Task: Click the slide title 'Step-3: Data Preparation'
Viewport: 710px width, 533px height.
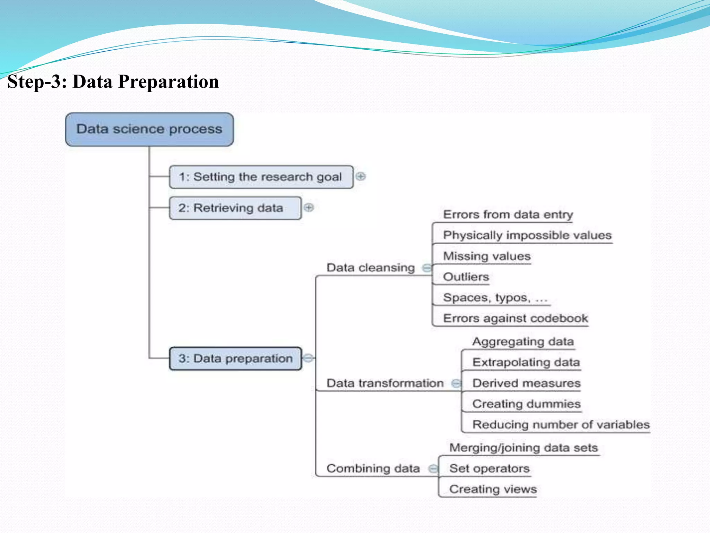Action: coord(113,82)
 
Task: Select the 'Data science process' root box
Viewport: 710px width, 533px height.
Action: coord(149,129)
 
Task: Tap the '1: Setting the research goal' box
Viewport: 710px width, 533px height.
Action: coord(261,177)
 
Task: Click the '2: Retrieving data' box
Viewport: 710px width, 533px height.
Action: coord(235,208)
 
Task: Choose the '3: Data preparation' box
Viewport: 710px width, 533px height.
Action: coord(235,358)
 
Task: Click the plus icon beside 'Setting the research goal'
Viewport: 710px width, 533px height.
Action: coord(361,176)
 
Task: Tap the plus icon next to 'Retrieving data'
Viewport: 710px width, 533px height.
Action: coord(309,208)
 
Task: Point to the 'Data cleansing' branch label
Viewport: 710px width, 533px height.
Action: coord(370,268)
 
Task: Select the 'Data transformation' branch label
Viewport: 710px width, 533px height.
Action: coord(385,383)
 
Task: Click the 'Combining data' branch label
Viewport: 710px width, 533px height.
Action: coord(373,468)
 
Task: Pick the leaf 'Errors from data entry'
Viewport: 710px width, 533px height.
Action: coord(508,214)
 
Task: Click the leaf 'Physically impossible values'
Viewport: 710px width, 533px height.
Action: coord(527,235)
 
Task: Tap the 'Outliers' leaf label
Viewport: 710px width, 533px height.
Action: coord(466,277)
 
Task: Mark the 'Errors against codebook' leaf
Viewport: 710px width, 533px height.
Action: coord(515,318)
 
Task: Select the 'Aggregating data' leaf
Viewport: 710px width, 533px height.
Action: coord(523,341)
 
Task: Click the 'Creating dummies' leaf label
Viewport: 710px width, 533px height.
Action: coord(526,404)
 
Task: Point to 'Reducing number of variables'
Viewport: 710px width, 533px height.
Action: coord(561,425)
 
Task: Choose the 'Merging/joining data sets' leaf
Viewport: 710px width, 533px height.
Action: coord(523,448)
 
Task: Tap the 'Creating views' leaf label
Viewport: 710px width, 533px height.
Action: coord(493,489)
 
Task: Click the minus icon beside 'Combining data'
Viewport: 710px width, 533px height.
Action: coord(433,469)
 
